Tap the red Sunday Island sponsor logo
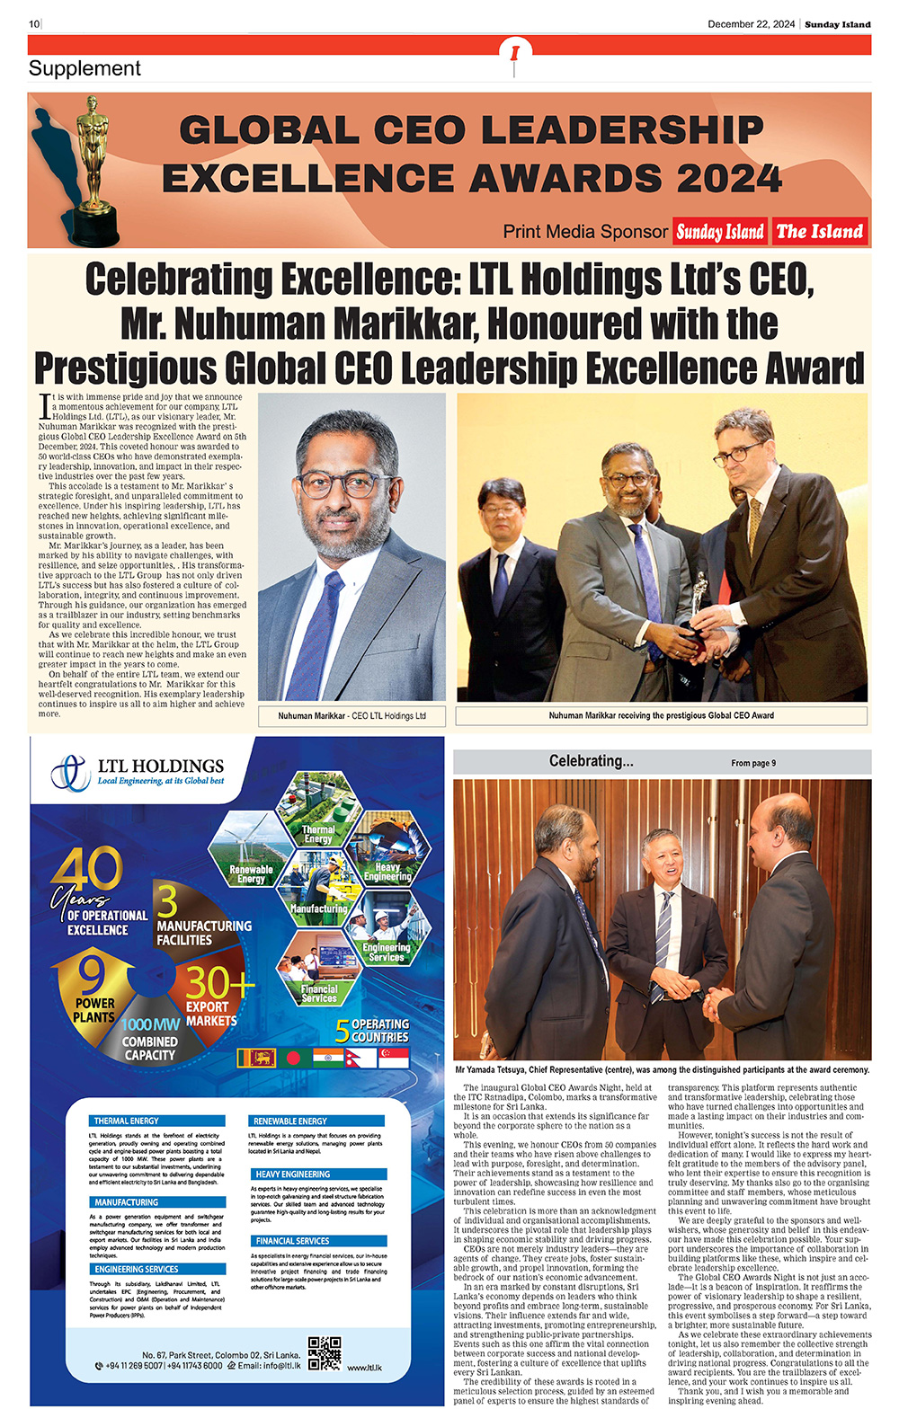pyautogui.click(x=720, y=232)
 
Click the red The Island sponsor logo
pyautogui.click(x=819, y=232)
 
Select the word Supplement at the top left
pyautogui.click(x=85, y=68)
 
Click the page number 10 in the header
pyautogui.click(x=34, y=24)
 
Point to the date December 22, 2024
pyautogui.click(x=751, y=24)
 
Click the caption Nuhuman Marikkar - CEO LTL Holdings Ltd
pyautogui.click(x=352, y=716)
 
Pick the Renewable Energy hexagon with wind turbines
pyautogui.click(x=251, y=852)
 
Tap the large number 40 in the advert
pyautogui.click(x=86, y=870)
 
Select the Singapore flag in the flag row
pyautogui.click(x=394, y=1058)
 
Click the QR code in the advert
pyautogui.click(x=324, y=1353)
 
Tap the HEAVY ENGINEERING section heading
pyautogui.click(x=293, y=1174)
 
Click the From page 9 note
pyautogui.click(x=753, y=763)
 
